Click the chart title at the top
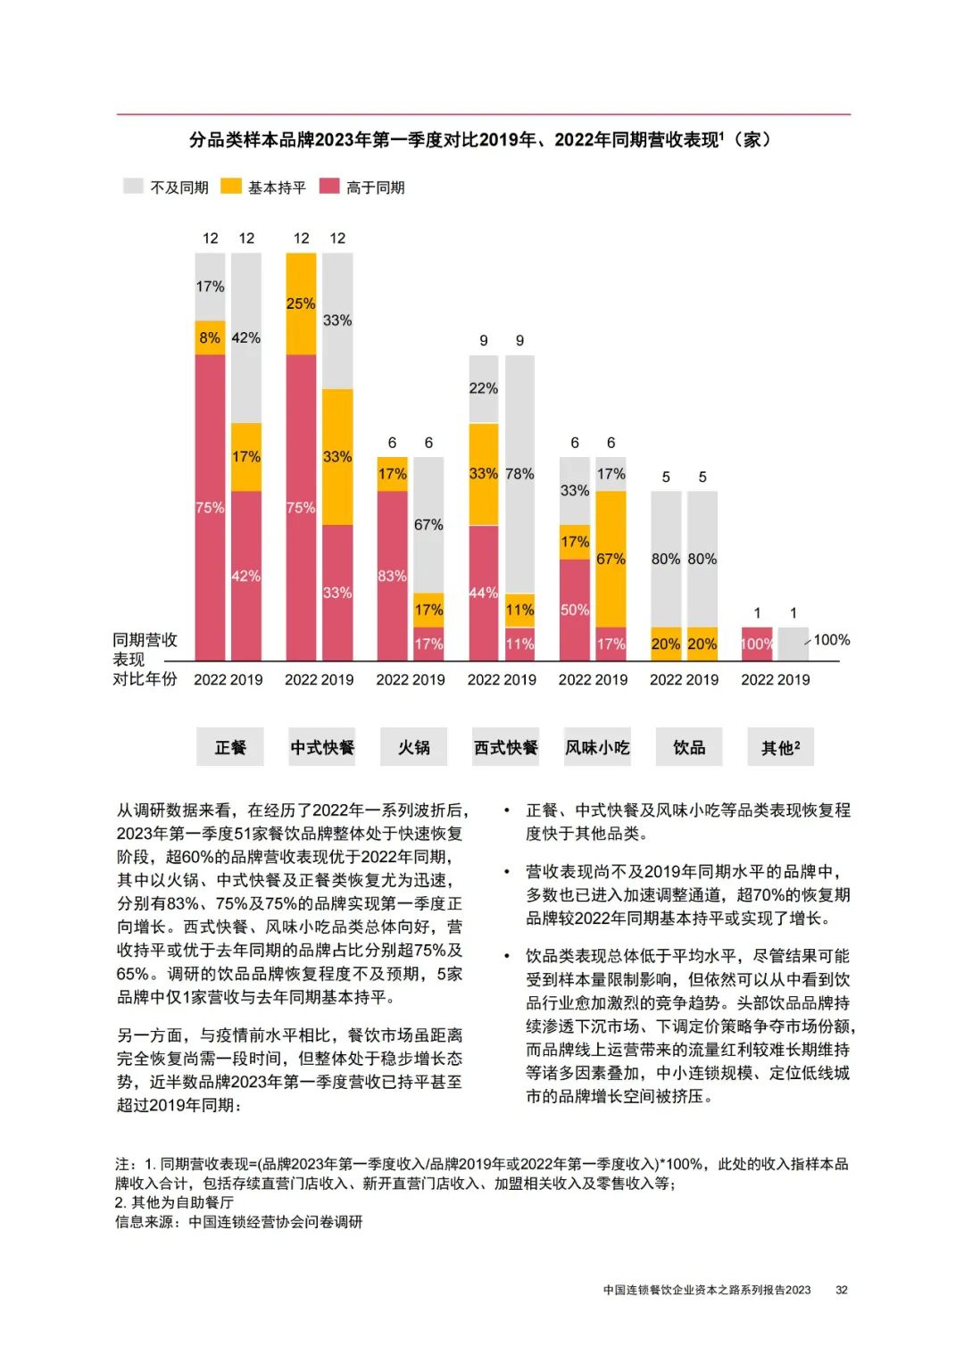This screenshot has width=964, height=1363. click(x=482, y=140)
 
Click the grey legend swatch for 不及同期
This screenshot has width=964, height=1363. click(x=133, y=187)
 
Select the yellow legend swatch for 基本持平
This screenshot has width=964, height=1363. click(x=231, y=187)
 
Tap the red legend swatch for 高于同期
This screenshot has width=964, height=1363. click(x=329, y=187)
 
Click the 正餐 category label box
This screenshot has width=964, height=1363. click(x=230, y=747)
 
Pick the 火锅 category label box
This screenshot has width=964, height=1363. click(x=414, y=747)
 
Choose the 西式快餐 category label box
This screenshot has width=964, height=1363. click(x=505, y=747)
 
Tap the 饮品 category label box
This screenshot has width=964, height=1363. click(x=688, y=747)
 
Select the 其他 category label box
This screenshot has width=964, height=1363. click(x=780, y=747)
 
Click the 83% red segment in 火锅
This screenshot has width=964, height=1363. click(x=392, y=576)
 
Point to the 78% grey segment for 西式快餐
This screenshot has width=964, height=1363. click(x=519, y=474)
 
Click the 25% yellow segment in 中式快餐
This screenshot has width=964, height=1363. click(x=301, y=303)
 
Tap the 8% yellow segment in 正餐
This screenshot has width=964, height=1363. click(x=210, y=337)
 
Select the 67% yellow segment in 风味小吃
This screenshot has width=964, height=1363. click(x=611, y=559)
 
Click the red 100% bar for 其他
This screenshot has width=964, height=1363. click(x=756, y=644)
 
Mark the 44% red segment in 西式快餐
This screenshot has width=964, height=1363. click(x=483, y=593)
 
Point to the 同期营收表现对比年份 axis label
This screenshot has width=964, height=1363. click(x=145, y=659)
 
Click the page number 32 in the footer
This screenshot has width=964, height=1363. click(x=841, y=1290)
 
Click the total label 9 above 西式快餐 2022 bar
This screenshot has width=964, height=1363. click(x=484, y=340)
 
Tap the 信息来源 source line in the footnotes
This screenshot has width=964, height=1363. click(x=239, y=1222)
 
